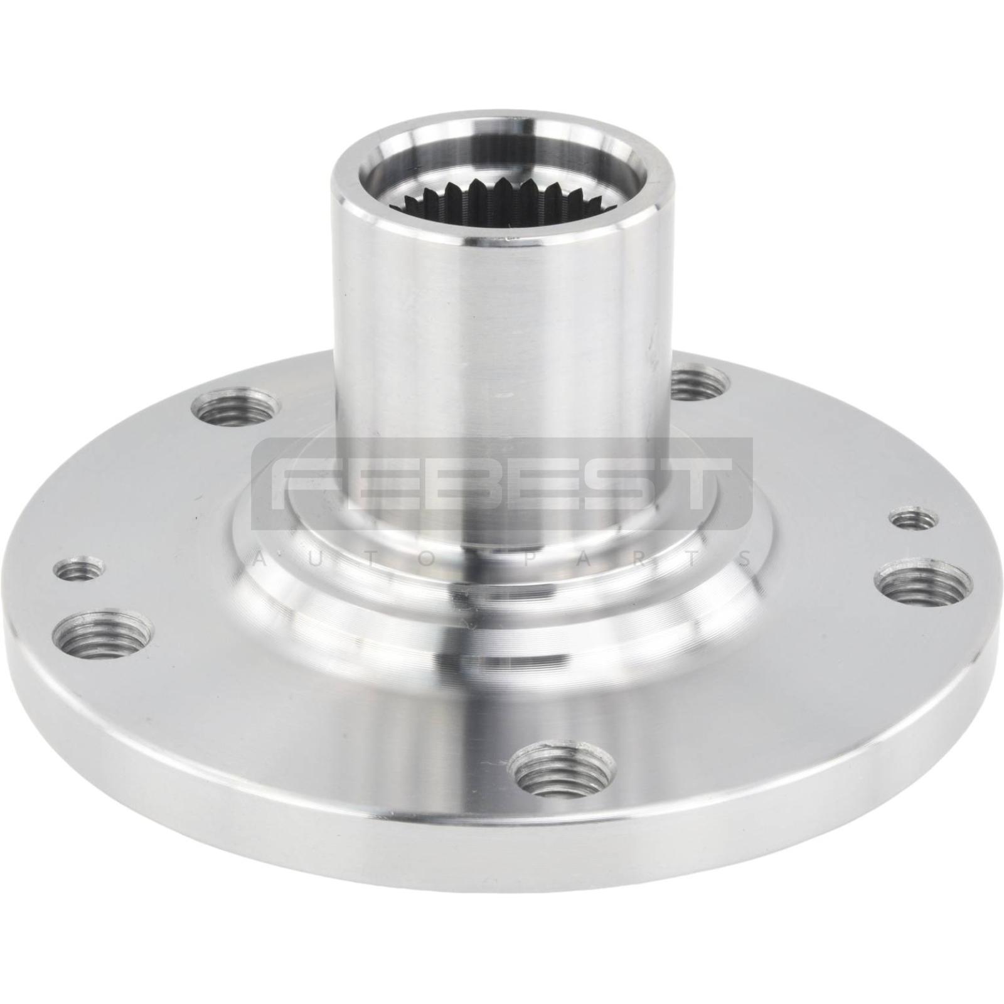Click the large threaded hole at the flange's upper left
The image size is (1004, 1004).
tap(233, 409)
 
